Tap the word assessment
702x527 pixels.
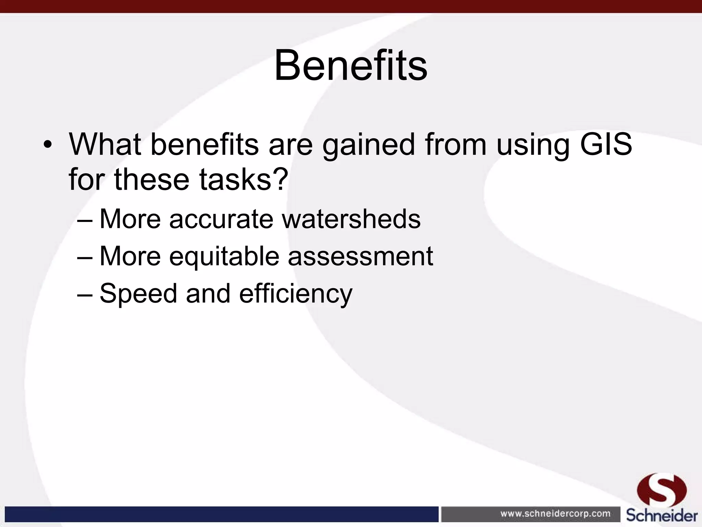(360, 256)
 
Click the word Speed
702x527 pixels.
(138, 293)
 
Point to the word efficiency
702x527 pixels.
(295, 293)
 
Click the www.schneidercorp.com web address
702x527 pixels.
(555, 514)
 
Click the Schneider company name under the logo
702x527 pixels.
(662, 515)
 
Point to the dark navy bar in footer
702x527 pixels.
(221, 514)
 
